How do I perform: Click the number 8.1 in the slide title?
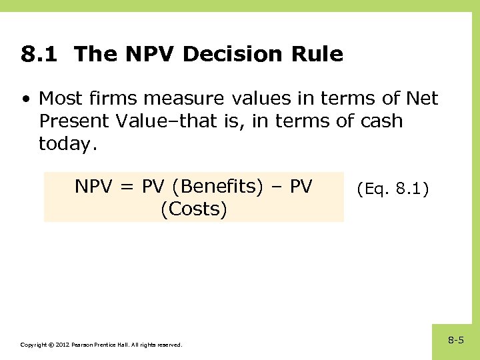pyautogui.click(x=42, y=54)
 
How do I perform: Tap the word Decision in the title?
pyautogui.click(x=223, y=54)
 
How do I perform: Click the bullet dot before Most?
pyautogui.click(x=25, y=99)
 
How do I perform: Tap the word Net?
pyautogui.click(x=421, y=99)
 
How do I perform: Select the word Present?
pyautogui.click(x=78, y=121)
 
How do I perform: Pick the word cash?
pyautogui.click(x=378, y=121)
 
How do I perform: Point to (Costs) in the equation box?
pyautogui.click(x=194, y=209)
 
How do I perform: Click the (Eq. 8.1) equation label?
pyautogui.click(x=393, y=189)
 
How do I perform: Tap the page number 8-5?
pyautogui.click(x=456, y=341)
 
